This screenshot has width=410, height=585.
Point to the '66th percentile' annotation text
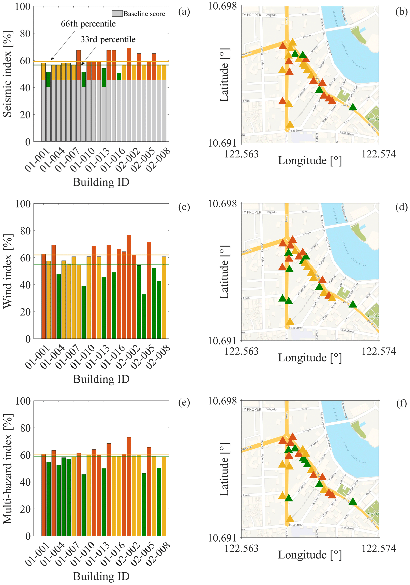[x=88, y=24]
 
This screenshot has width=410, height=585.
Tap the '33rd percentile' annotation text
[x=108, y=39]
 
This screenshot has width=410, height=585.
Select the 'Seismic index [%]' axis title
[x=8, y=74]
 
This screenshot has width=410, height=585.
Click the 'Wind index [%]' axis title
[x=8, y=271]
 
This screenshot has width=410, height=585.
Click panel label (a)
[x=184, y=12]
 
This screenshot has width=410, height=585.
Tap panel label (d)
[x=401, y=207]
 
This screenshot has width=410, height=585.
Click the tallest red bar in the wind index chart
[x=129, y=287]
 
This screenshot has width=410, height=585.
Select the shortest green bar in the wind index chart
[x=144, y=316]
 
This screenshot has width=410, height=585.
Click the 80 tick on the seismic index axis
[x=25, y=34]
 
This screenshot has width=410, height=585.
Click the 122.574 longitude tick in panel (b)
[x=379, y=154]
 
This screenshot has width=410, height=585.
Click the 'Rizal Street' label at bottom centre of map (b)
[x=296, y=131]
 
